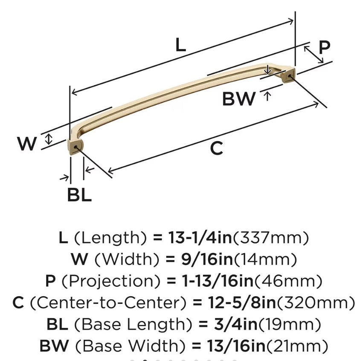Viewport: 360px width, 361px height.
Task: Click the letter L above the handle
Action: coord(181,44)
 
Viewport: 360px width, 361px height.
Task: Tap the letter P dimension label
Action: coord(325,48)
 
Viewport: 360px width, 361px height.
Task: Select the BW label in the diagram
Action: coord(238,99)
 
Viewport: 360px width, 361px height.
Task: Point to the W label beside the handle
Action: coord(27,144)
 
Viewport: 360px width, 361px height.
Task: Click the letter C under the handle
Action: coord(217,148)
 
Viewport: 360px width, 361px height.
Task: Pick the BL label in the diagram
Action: coord(79,195)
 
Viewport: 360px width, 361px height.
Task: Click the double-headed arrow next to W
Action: coord(49,139)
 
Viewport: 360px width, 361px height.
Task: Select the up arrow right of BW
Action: coord(267,95)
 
